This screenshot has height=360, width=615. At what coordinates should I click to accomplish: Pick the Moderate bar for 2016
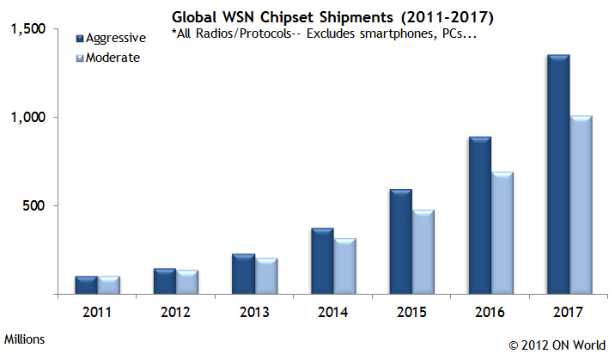pos(502,233)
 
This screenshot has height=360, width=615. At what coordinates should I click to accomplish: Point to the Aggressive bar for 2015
pos(401,241)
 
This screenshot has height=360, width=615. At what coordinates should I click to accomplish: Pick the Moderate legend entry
pos(111,58)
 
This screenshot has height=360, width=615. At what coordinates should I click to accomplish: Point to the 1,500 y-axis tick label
pos(28,29)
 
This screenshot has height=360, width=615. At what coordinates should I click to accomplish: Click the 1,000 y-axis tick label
pos(28,118)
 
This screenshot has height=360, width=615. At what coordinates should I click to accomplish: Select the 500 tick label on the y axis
pos(34,206)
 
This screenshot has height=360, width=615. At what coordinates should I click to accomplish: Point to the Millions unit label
pos(25,339)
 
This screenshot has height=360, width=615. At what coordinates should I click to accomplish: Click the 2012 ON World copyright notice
pos(557,345)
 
